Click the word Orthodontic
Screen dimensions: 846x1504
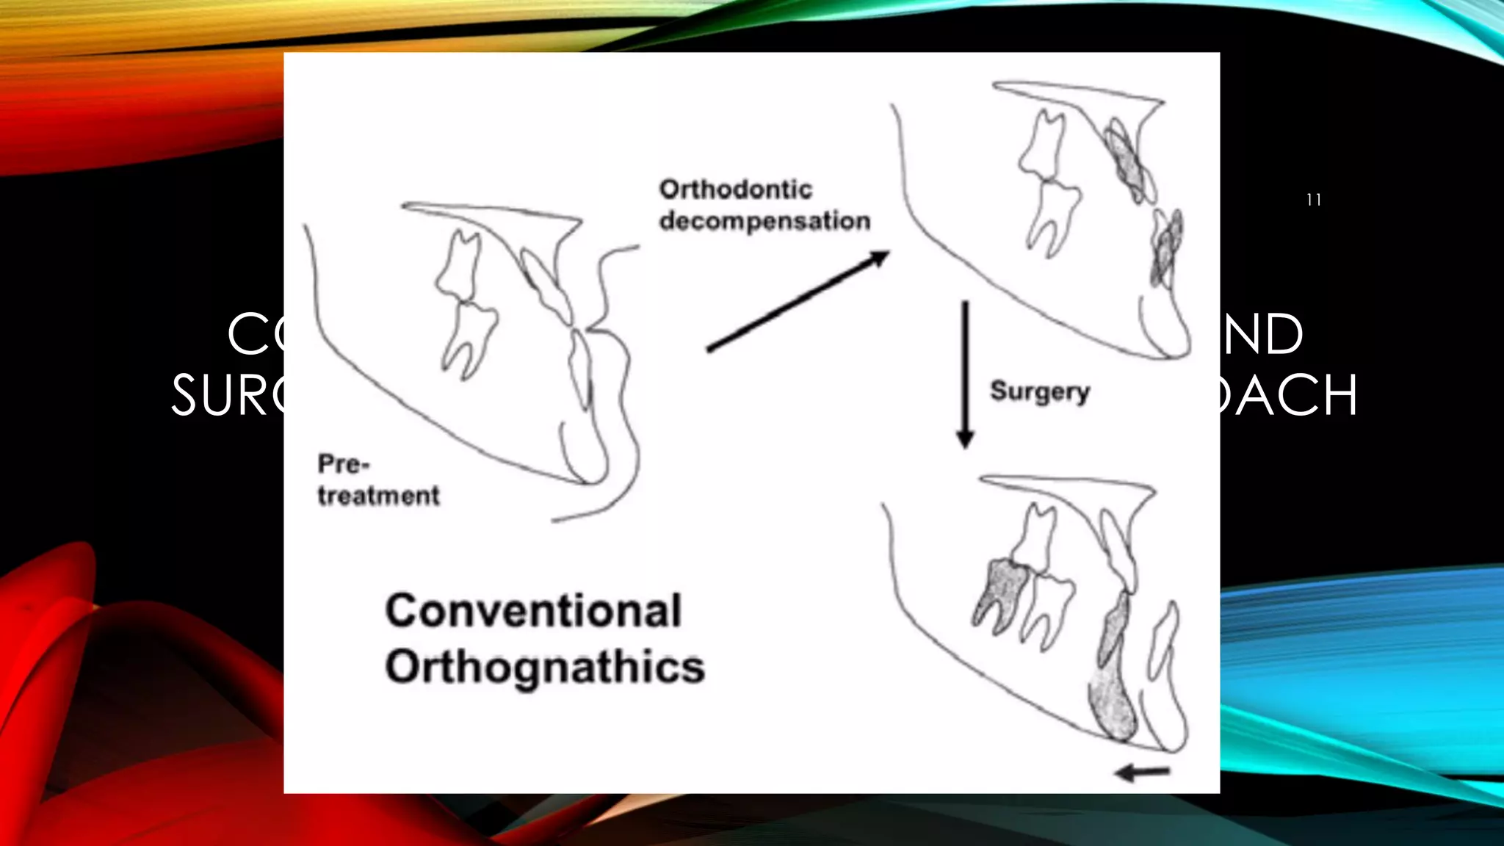click(736, 189)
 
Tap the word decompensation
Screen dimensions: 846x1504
click(764, 221)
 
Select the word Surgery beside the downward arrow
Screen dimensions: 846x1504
click(1039, 391)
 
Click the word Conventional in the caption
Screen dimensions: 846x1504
click(534, 610)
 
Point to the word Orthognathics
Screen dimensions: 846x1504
click(545, 667)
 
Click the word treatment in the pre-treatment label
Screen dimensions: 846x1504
click(379, 496)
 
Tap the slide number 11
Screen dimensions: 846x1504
click(1314, 200)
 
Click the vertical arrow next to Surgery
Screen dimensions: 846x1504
click(965, 374)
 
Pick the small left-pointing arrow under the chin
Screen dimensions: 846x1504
click(1142, 772)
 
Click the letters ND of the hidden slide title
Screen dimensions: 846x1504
click(1263, 334)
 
